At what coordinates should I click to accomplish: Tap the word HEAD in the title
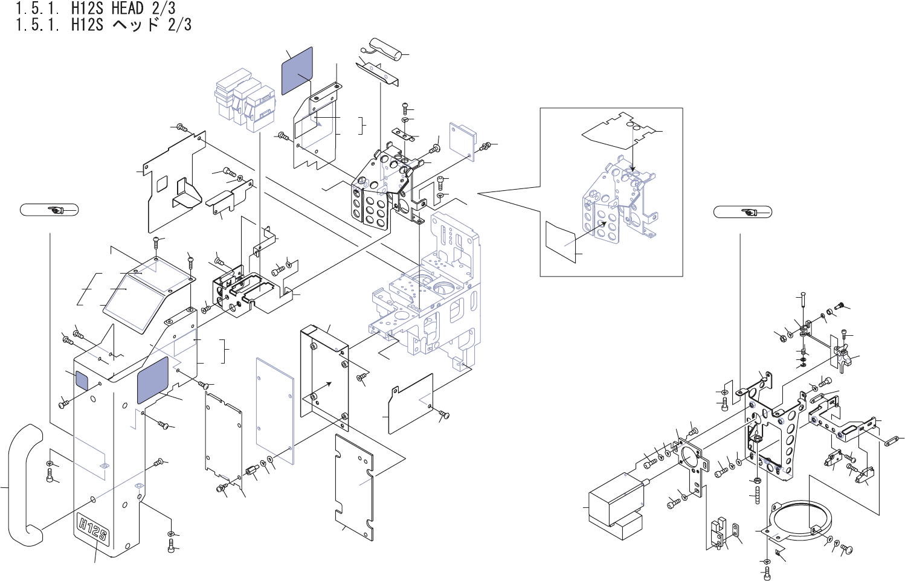click(127, 8)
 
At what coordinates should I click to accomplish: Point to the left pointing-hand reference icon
click(49, 210)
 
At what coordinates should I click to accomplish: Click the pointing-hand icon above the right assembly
click(742, 212)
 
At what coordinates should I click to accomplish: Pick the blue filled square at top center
click(297, 71)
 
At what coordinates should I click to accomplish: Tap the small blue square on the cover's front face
click(81, 379)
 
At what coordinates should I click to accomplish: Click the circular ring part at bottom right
click(801, 521)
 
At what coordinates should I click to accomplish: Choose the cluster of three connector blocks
click(245, 100)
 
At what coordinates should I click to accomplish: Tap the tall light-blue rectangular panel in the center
click(275, 411)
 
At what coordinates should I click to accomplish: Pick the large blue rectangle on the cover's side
click(153, 379)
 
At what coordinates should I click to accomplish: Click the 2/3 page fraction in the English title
click(164, 8)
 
